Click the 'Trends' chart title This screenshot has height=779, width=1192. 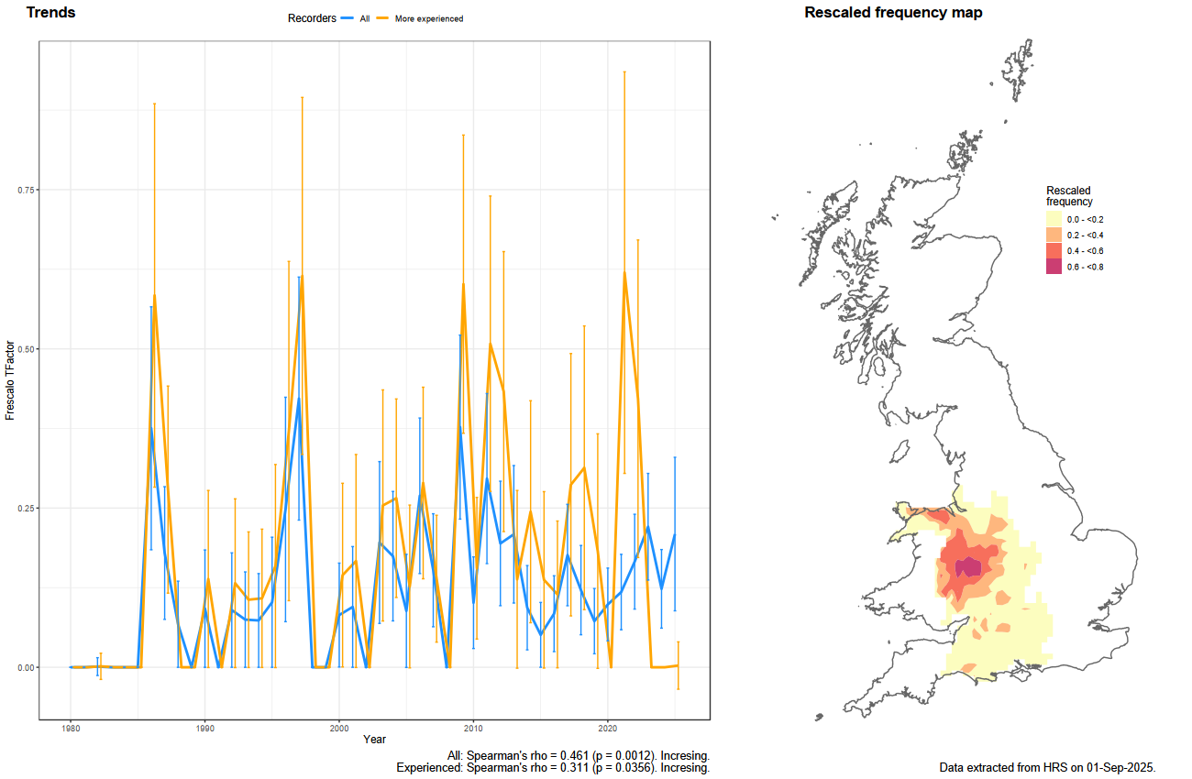coord(51,12)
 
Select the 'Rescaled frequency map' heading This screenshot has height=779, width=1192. coord(893,12)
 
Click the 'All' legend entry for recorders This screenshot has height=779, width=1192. coord(365,18)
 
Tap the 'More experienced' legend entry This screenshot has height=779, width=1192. coord(429,18)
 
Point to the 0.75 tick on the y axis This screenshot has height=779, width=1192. coord(26,190)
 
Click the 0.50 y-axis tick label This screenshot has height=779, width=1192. coord(26,349)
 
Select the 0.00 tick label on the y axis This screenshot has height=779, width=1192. coord(26,667)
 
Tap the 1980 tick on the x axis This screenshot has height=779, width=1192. coord(71,729)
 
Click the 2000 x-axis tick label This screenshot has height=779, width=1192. coord(339,729)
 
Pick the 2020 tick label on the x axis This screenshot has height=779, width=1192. coord(607,729)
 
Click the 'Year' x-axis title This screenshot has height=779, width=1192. coord(375,739)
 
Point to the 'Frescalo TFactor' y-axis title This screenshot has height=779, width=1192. coord(9,380)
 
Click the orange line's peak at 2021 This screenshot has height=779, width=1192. coord(624,272)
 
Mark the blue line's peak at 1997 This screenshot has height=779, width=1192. coord(299,399)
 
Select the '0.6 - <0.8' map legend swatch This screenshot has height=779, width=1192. coord(1054,267)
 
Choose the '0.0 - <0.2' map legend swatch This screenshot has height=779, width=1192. coord(1054,219)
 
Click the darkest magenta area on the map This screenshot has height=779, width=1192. coord(968,567)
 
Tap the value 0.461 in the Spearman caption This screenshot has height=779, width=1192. coord(575,755)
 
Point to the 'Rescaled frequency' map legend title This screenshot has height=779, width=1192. coord(1069,196)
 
